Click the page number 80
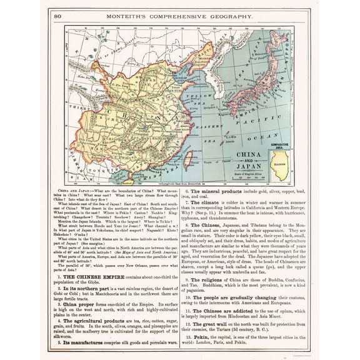57,16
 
